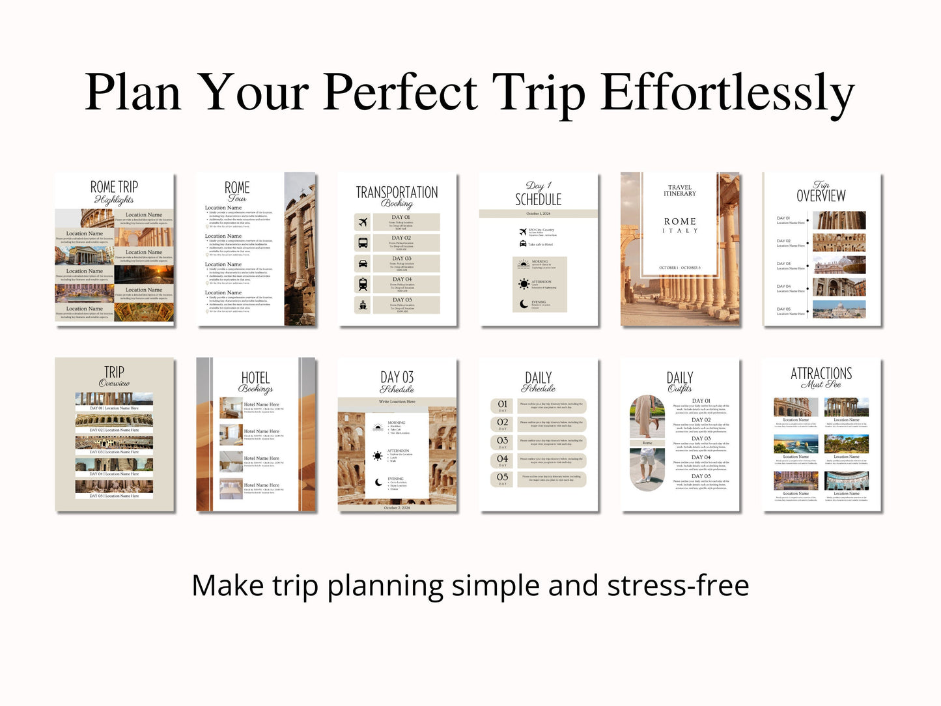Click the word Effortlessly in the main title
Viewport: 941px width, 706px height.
click(x=727, y=93)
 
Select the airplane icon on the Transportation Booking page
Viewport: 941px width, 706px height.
click(x=363, y=222)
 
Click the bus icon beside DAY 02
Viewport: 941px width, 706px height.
click(x=363, y=243)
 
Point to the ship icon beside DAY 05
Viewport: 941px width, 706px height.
click(x=363, y=305)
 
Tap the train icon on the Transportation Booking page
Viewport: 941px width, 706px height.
click(x=363, y=284)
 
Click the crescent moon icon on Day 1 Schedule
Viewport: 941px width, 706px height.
click(x=524, y=304)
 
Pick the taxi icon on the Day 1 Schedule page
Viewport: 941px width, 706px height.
click(x=522, y=244)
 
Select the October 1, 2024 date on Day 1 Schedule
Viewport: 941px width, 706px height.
click(x=538, y=214)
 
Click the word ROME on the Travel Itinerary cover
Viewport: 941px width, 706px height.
click(x=680, y=221)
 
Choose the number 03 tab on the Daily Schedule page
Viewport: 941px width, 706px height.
click(x=503, y=442)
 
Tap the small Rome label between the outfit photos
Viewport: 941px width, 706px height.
click(x=647, y=443)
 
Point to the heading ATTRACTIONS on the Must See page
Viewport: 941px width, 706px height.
click(x=821, y=373)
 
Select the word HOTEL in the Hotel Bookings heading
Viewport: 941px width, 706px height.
click(x=255, y=378)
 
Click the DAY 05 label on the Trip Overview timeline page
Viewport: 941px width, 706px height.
click(x=783, y=309)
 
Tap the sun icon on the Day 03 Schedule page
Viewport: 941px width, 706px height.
click(x=377, y=456)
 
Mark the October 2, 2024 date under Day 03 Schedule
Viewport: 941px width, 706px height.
click(x=397, y=508)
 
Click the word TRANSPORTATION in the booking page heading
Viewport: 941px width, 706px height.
click(x=397, y=192)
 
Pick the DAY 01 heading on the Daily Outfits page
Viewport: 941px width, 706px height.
click(x=701, y=401)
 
